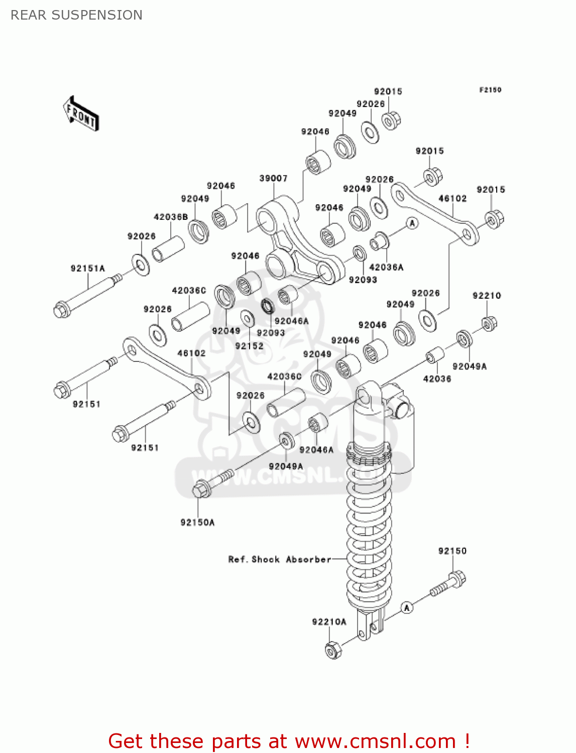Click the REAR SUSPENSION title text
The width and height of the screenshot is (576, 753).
click(76, 15)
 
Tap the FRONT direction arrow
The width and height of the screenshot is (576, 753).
click(81, 114)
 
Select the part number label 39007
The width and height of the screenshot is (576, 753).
click(273, 178)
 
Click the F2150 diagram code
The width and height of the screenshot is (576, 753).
click(490, 90)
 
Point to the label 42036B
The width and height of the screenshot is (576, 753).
click(171, 217)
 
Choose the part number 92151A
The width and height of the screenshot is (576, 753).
click(88, 269)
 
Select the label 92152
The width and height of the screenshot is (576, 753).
click(249, 346)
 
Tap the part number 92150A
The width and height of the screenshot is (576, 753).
click(197, 523)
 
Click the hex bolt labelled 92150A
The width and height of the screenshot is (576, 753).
click(201, 489)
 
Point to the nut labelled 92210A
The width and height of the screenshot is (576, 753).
click(332, 650)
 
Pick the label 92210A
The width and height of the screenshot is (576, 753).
click(329, 622)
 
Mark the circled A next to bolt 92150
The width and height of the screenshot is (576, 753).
click(407, 608)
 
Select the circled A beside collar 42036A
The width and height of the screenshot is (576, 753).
click(412, 223)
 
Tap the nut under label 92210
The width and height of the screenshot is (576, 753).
click(489, 324)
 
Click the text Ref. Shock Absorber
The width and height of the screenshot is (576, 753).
click(280, 559)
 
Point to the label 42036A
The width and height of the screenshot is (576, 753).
click(386, 267)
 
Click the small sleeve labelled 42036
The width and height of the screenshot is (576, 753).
click(435, 355)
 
